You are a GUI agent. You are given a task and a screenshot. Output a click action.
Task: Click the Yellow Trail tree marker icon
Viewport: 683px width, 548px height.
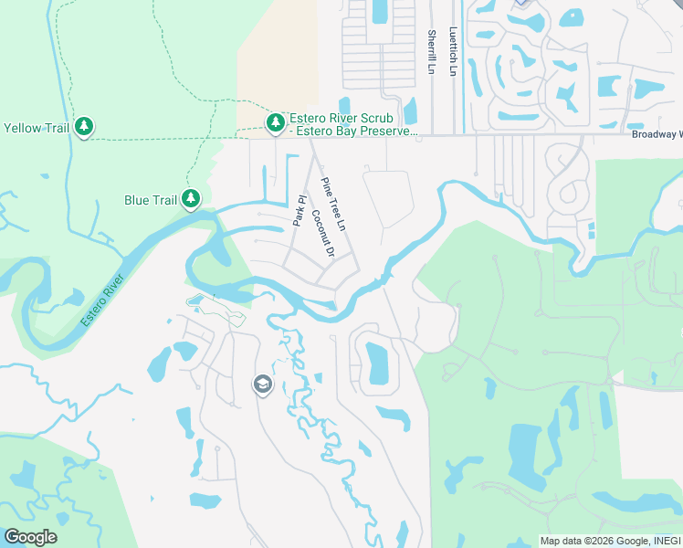[84, 126]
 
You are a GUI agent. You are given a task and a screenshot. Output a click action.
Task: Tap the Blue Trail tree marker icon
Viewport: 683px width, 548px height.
[190, 198]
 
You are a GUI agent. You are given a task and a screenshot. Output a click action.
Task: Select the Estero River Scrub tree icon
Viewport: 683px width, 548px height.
[275, 121]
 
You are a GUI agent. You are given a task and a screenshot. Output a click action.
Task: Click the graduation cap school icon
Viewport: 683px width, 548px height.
[262, 385]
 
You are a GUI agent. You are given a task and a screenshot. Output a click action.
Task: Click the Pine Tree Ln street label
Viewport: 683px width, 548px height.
[334, 204]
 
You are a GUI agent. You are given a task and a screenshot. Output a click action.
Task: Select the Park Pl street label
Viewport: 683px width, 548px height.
[298, 211]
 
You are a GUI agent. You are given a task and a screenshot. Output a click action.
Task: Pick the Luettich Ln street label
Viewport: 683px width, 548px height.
[453, 50]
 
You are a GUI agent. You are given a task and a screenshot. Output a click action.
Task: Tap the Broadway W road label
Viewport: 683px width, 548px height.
[657, 134]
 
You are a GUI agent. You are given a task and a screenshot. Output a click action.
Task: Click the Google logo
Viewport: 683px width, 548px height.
[30, 537]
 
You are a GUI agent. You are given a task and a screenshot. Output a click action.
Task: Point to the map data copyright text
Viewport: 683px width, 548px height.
[610, 541]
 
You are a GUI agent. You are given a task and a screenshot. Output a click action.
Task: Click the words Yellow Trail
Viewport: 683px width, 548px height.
[36, 128]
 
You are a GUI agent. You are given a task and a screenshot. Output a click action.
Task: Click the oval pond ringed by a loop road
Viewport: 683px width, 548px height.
[376, 363]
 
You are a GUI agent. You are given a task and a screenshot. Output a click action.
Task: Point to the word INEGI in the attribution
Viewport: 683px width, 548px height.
[666, 541]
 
